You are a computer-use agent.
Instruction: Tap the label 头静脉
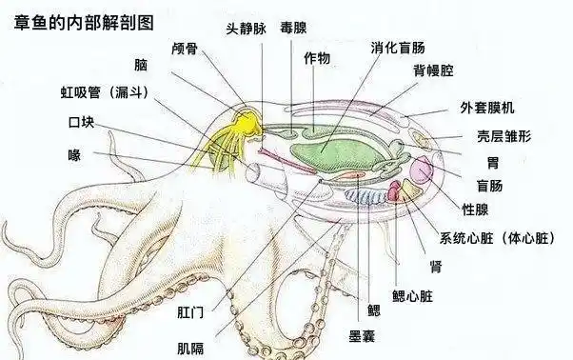pos(246,29)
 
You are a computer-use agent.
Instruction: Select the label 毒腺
pos(293,29)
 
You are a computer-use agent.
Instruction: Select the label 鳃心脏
pos(412,295)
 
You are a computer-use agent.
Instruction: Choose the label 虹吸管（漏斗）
pos(101,92)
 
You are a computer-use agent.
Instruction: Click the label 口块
pos(81,123)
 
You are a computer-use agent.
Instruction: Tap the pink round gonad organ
pos(422,173)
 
